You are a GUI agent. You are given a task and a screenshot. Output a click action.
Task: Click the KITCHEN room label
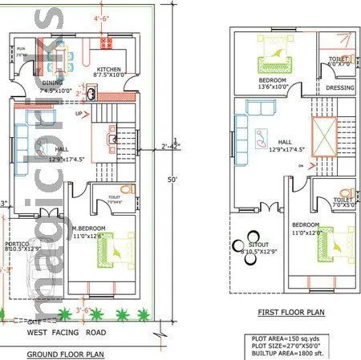(108, 70)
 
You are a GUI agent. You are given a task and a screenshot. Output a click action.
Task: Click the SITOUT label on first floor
(258, 247)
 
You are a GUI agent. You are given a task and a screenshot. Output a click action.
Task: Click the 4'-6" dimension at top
(102, 17)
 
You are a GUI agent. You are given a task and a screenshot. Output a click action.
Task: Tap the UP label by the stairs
(78, 113)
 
